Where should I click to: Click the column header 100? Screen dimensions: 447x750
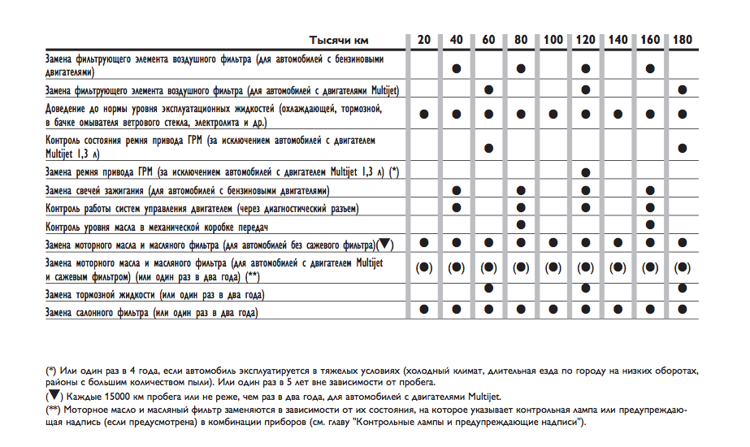pos(553,39)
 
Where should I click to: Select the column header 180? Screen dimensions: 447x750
pos(683,39)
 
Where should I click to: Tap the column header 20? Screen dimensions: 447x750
pos(424,39)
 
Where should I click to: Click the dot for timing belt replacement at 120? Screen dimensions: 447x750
pos(586,172)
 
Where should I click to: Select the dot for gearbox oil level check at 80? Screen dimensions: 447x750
pos(521,225)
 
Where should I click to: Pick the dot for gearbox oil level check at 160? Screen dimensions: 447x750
pos(650,225)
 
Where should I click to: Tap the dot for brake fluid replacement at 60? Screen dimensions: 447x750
pos(488,289)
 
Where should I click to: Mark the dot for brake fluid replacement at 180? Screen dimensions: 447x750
pos(683,289)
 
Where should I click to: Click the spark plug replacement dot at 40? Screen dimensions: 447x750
pos(457,190)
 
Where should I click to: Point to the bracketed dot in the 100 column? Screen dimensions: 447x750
pos(553,267)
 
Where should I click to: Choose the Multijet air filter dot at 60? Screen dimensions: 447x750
pos(488,89)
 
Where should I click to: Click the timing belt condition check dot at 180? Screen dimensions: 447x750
pos(683,148)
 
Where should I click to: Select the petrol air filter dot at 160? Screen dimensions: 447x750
pos(650,68)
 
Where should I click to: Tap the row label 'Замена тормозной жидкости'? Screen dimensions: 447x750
pos(155,293)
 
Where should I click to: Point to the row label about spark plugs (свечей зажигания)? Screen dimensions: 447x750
pos(188,191)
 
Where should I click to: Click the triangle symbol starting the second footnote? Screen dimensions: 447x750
pos(53,396)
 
